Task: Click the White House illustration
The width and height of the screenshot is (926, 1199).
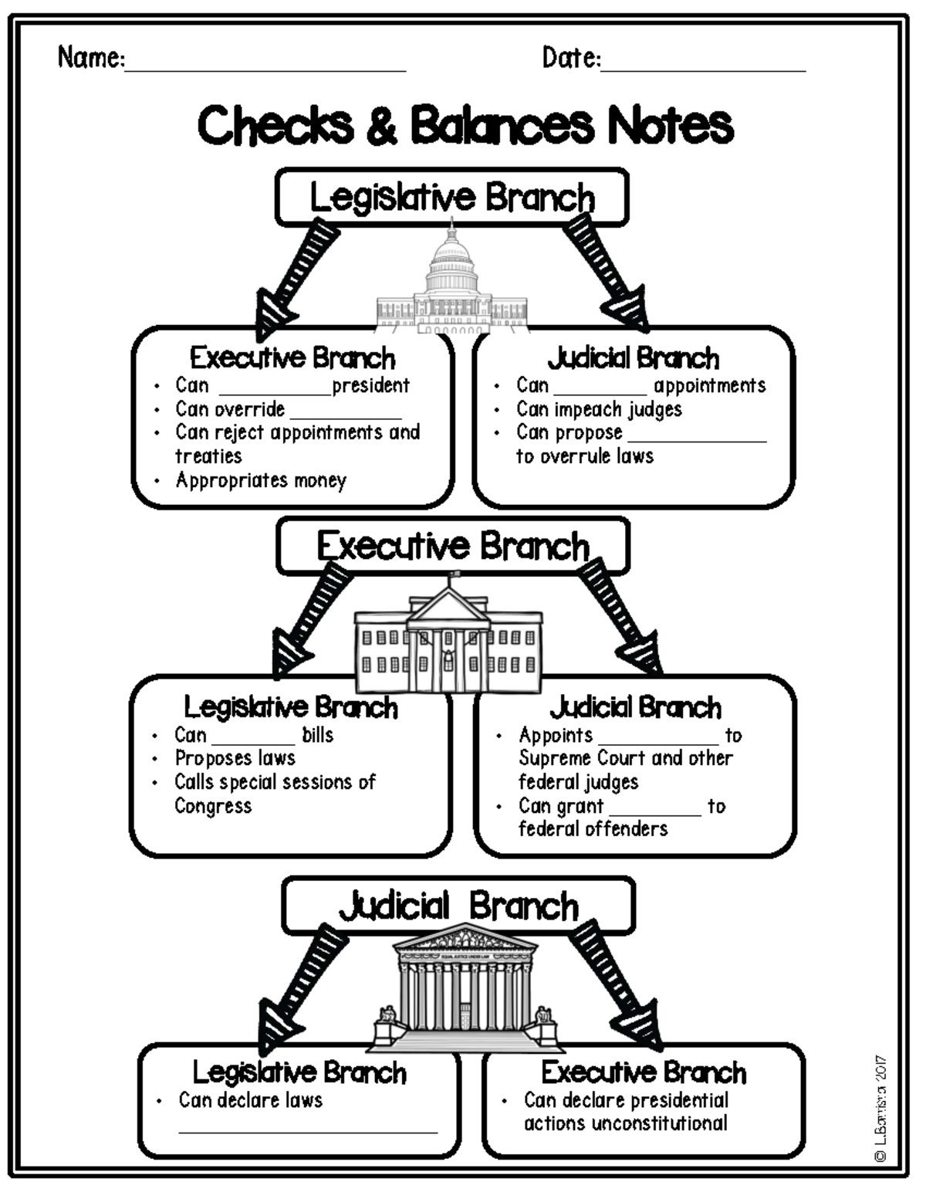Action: tap(448, 641)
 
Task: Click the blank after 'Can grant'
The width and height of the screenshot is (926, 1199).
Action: tap(655, 813)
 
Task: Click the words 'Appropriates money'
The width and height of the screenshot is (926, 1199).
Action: tap(261, 480)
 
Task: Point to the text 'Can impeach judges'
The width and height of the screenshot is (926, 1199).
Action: tap(599, 409)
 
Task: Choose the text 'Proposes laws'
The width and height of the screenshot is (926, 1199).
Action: tap(235, 758)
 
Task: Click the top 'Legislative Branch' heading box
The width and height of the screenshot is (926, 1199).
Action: tap(452, 198)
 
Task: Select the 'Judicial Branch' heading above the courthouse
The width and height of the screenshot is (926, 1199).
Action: tap(458, 906)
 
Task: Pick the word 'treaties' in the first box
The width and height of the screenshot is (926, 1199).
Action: tap(208, 456)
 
